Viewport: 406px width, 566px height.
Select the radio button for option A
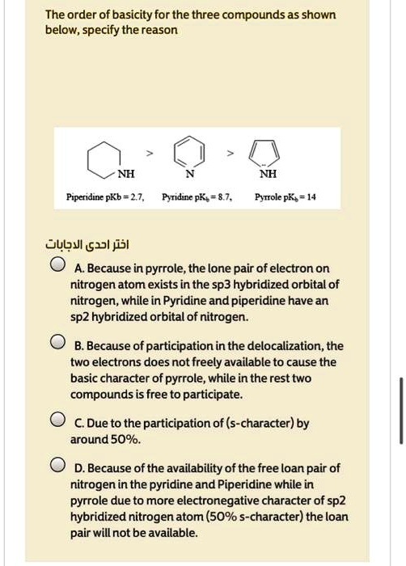coord(57,266)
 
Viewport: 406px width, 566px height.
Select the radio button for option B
coord(57,343)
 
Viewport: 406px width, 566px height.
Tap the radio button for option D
coord(57,466)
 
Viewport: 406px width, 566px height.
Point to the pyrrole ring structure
coord(268,151)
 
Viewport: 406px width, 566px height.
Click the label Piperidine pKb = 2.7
coord(106,197)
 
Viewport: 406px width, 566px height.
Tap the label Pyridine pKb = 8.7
coord(197,197)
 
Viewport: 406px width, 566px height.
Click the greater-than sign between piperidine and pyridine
coord(148,152)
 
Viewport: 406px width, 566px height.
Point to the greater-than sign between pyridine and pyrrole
coord(229,152)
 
